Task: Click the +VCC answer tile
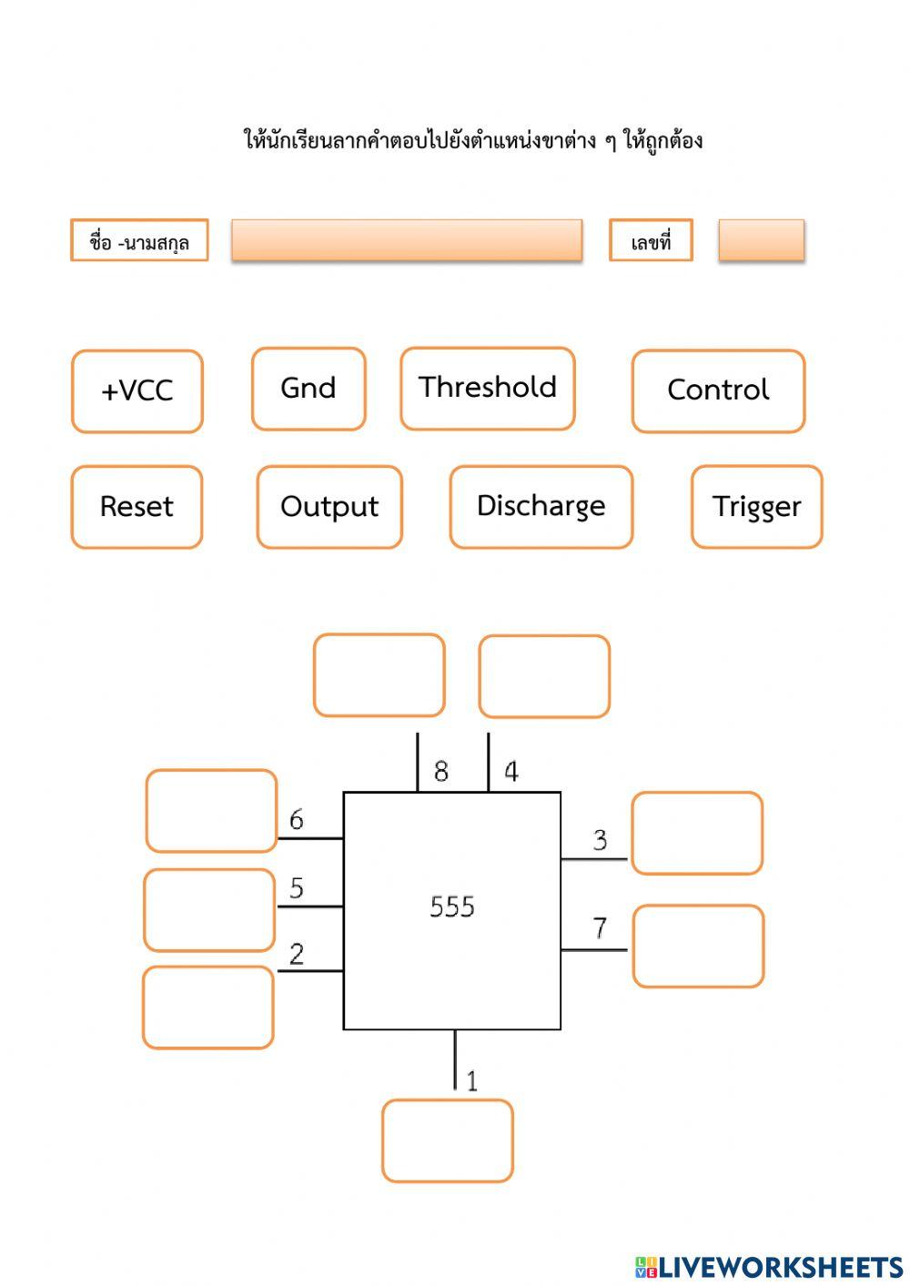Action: pyautogui.click(x=137, y=391)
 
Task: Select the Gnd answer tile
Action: pyautogui.click(x=308, y=389)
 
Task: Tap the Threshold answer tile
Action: pyautogui.click(x=488, y=388)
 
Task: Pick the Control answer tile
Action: pyautogui.click(x=718, y=390)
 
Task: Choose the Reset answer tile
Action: pyautogui.click(x=136, y=507)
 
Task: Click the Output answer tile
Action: pyautogui.click(x=329, y=507)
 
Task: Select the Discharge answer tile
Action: pyautogui.click(x=541, y=507)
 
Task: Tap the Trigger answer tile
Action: pyautogui.click(x=756, y=507)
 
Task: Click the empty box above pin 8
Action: pyautogui.click(x=379, y=675)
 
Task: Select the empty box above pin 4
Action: pyautogui.click(x=544, y=676)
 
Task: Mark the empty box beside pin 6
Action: pyautogui.click(x=211, y=811)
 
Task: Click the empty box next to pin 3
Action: pyautogui.click(x=697, y=833)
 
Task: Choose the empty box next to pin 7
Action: pyautogui.click(x=698, y=946)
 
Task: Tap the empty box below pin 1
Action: pyautogui.click(x=447, y=1140)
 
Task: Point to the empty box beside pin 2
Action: pyautogui.click(x=208, y=1008)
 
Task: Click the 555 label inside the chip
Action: pyautogui.click(x=452, y=906)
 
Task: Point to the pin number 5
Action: pyautogui.click(x=297, y=888)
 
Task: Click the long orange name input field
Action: pyautogui.click(x=407, y=240)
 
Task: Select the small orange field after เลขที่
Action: pyautogui.click(x=761, y=240)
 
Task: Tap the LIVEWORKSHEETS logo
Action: pyautogui.click(x=769, y=1267)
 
